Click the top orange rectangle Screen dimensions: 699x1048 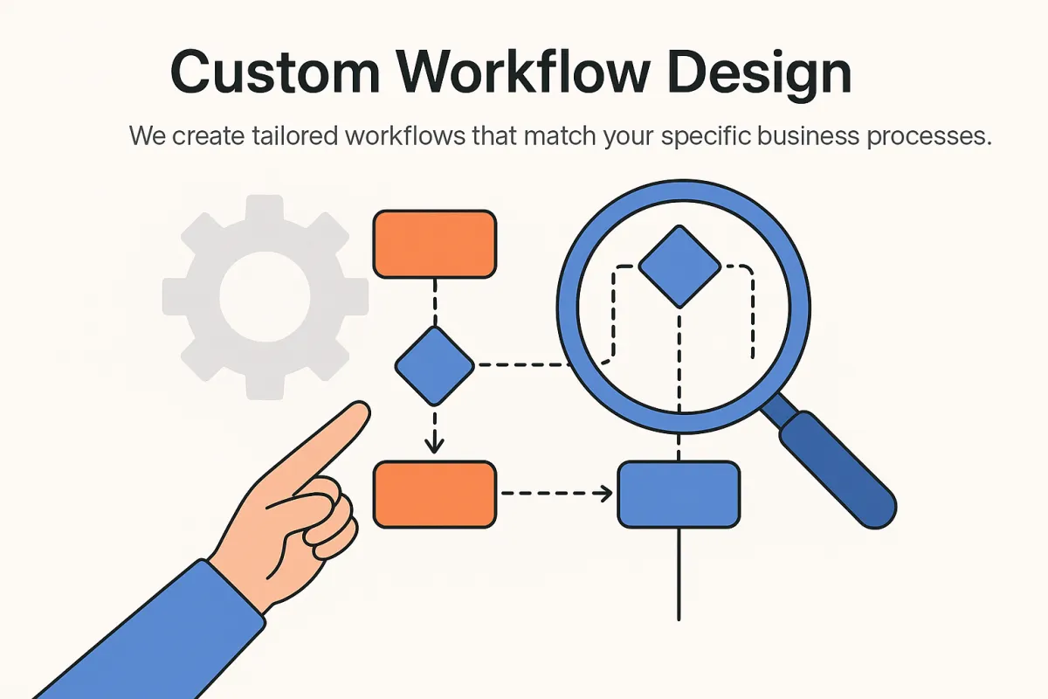[x=435, y=244]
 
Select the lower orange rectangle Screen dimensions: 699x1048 [x=435, y=494]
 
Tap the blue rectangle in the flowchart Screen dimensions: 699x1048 [x=679, y=494]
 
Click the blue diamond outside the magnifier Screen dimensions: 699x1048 [x=435, y=365]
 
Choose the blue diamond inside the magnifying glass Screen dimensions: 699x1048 [x=679, y=266]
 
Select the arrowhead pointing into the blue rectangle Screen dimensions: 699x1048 [x=605, y=495]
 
